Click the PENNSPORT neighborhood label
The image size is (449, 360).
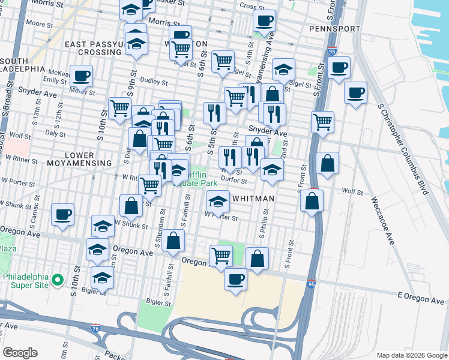click(x=335, y=29)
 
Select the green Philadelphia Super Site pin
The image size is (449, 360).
click(x=57, y=280)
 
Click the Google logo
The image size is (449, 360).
click(x=20, y=353)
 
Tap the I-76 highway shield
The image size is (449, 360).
click(x=96, y=328)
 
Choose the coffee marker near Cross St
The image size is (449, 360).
click(x=264, y=21)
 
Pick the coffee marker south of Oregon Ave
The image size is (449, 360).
click(x=235, y=279)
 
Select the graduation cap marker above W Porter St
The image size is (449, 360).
click(x=218, y=202)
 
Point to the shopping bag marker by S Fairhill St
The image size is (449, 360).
click(x=173, y=241)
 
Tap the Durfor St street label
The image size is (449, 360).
click(x=234, y=179)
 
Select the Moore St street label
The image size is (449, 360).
click(x=40, y=24)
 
